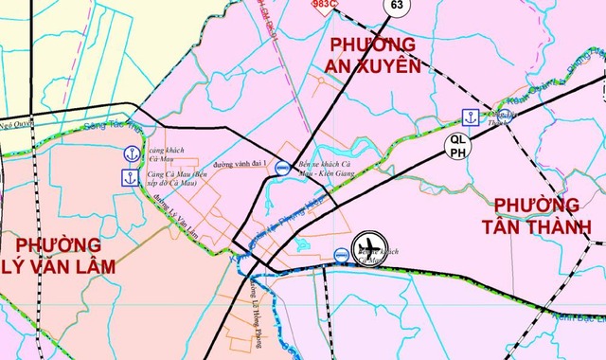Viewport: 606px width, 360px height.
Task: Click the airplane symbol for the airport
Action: (370, 249)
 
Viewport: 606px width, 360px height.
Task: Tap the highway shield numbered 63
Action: (395, 6)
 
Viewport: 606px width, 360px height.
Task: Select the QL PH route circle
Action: (457, 145)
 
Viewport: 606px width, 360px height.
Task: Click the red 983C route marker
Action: (326, 5)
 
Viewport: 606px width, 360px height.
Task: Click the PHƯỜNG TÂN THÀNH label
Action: (536, 217)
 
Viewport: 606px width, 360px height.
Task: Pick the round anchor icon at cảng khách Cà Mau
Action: (130, 153)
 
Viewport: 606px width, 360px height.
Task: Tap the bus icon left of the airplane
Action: (339, 254)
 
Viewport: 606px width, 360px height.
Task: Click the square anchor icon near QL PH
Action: (468, 117)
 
